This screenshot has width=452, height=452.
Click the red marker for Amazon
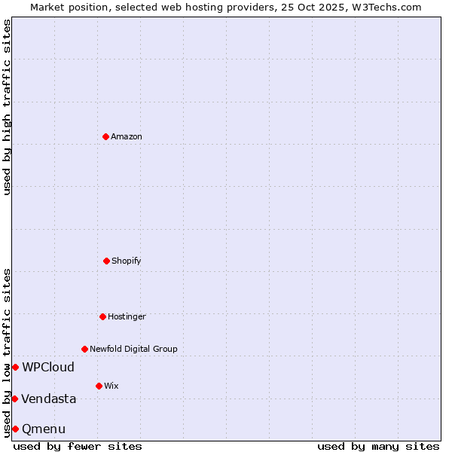pyautogui.click(x=105, y=136)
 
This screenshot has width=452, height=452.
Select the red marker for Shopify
pyautogui.click(x=106, y=261)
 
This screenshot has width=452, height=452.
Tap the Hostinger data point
pyautogui.click(x=102, y=316)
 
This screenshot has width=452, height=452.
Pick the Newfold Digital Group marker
pyautogui.click(x=84, y=349)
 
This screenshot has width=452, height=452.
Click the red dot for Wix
pyautogui.click(x=99, y=386)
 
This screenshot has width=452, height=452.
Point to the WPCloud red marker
pyautogui.click(x=15, y=367)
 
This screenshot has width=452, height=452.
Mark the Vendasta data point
pyautogui.click(x=14, y=399)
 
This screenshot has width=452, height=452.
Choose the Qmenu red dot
pyautogui.click(x=15, y=429)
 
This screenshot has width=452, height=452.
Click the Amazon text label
pyautogui.click(x=127, y=136)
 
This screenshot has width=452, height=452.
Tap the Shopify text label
pyautogui.click(x=127, y=261)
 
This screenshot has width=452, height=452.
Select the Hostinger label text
pyautogui.click(x=127, y=316)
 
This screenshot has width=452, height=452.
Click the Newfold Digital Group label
pyautogui.click(x=133, y=349)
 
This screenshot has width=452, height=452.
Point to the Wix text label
pyautogui.click(x=111, y=386)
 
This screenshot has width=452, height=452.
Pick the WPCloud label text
pyautogui.click(x=48, y=368)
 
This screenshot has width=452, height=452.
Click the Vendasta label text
pyautogui.click(x=49, y=399)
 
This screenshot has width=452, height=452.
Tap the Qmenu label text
pyautogui.click(x=44, y=429)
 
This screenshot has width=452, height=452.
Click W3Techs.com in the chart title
pyautogui.click(x=384, y=7)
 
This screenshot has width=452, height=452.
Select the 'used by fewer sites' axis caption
pyautogui.click(x=78, y=446)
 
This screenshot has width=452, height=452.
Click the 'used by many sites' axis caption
pyautogui.click(x=378, y=446)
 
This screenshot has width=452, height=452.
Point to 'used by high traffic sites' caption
pyautogui.click(x=7, y=107)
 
